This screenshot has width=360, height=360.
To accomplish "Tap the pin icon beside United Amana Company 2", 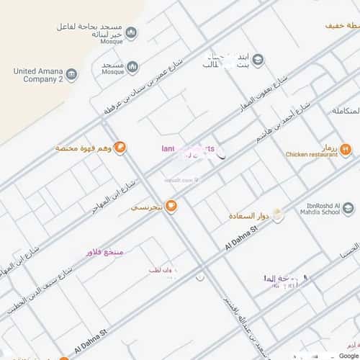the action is tap(71, 75).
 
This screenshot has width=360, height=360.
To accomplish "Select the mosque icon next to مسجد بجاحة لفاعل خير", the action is tap(131, 32).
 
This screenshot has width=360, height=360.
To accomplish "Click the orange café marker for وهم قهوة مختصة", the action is tap(120, 148).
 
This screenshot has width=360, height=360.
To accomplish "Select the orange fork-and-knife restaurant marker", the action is tap(346, 150).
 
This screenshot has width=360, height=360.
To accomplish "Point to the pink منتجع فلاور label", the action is tap(104, 252).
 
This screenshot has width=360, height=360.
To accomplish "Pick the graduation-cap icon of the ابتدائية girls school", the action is tap(258, 60).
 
